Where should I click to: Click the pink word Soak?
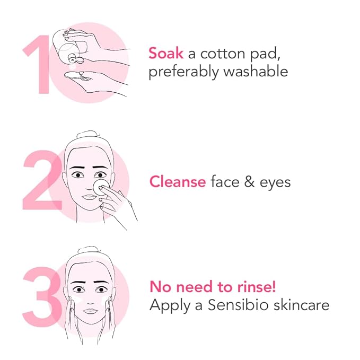coord(166,53)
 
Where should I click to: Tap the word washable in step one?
coord(256,71)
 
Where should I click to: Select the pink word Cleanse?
coord(178,182)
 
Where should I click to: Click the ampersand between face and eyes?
coord(249,182)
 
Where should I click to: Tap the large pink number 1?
coord(38,65)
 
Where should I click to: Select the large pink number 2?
coord(42,180)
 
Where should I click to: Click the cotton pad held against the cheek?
coord(101,187)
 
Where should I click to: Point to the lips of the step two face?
coord(89,197)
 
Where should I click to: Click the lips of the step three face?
coord(90,311)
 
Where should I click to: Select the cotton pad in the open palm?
coord(75,76)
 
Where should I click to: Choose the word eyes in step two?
coord(275,183)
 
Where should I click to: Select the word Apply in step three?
coord(170,305)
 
